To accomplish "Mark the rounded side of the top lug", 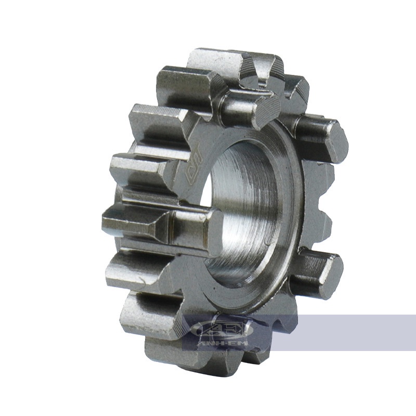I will (237, 104).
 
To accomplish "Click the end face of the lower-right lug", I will (330, 276).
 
